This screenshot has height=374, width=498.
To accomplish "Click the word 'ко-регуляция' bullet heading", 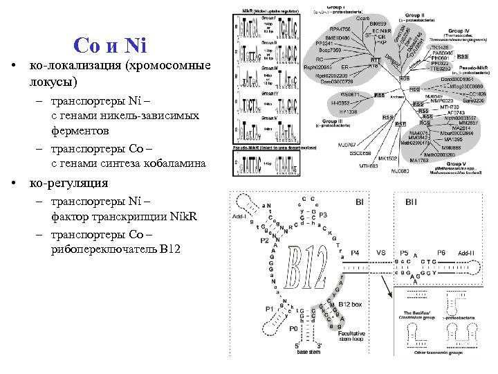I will click(68, 183).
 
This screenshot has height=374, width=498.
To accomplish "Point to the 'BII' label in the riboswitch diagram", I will click(412, 202).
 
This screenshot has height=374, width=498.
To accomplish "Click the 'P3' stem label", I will click(323, 215).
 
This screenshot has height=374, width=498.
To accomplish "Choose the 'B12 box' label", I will click(352, 304).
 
